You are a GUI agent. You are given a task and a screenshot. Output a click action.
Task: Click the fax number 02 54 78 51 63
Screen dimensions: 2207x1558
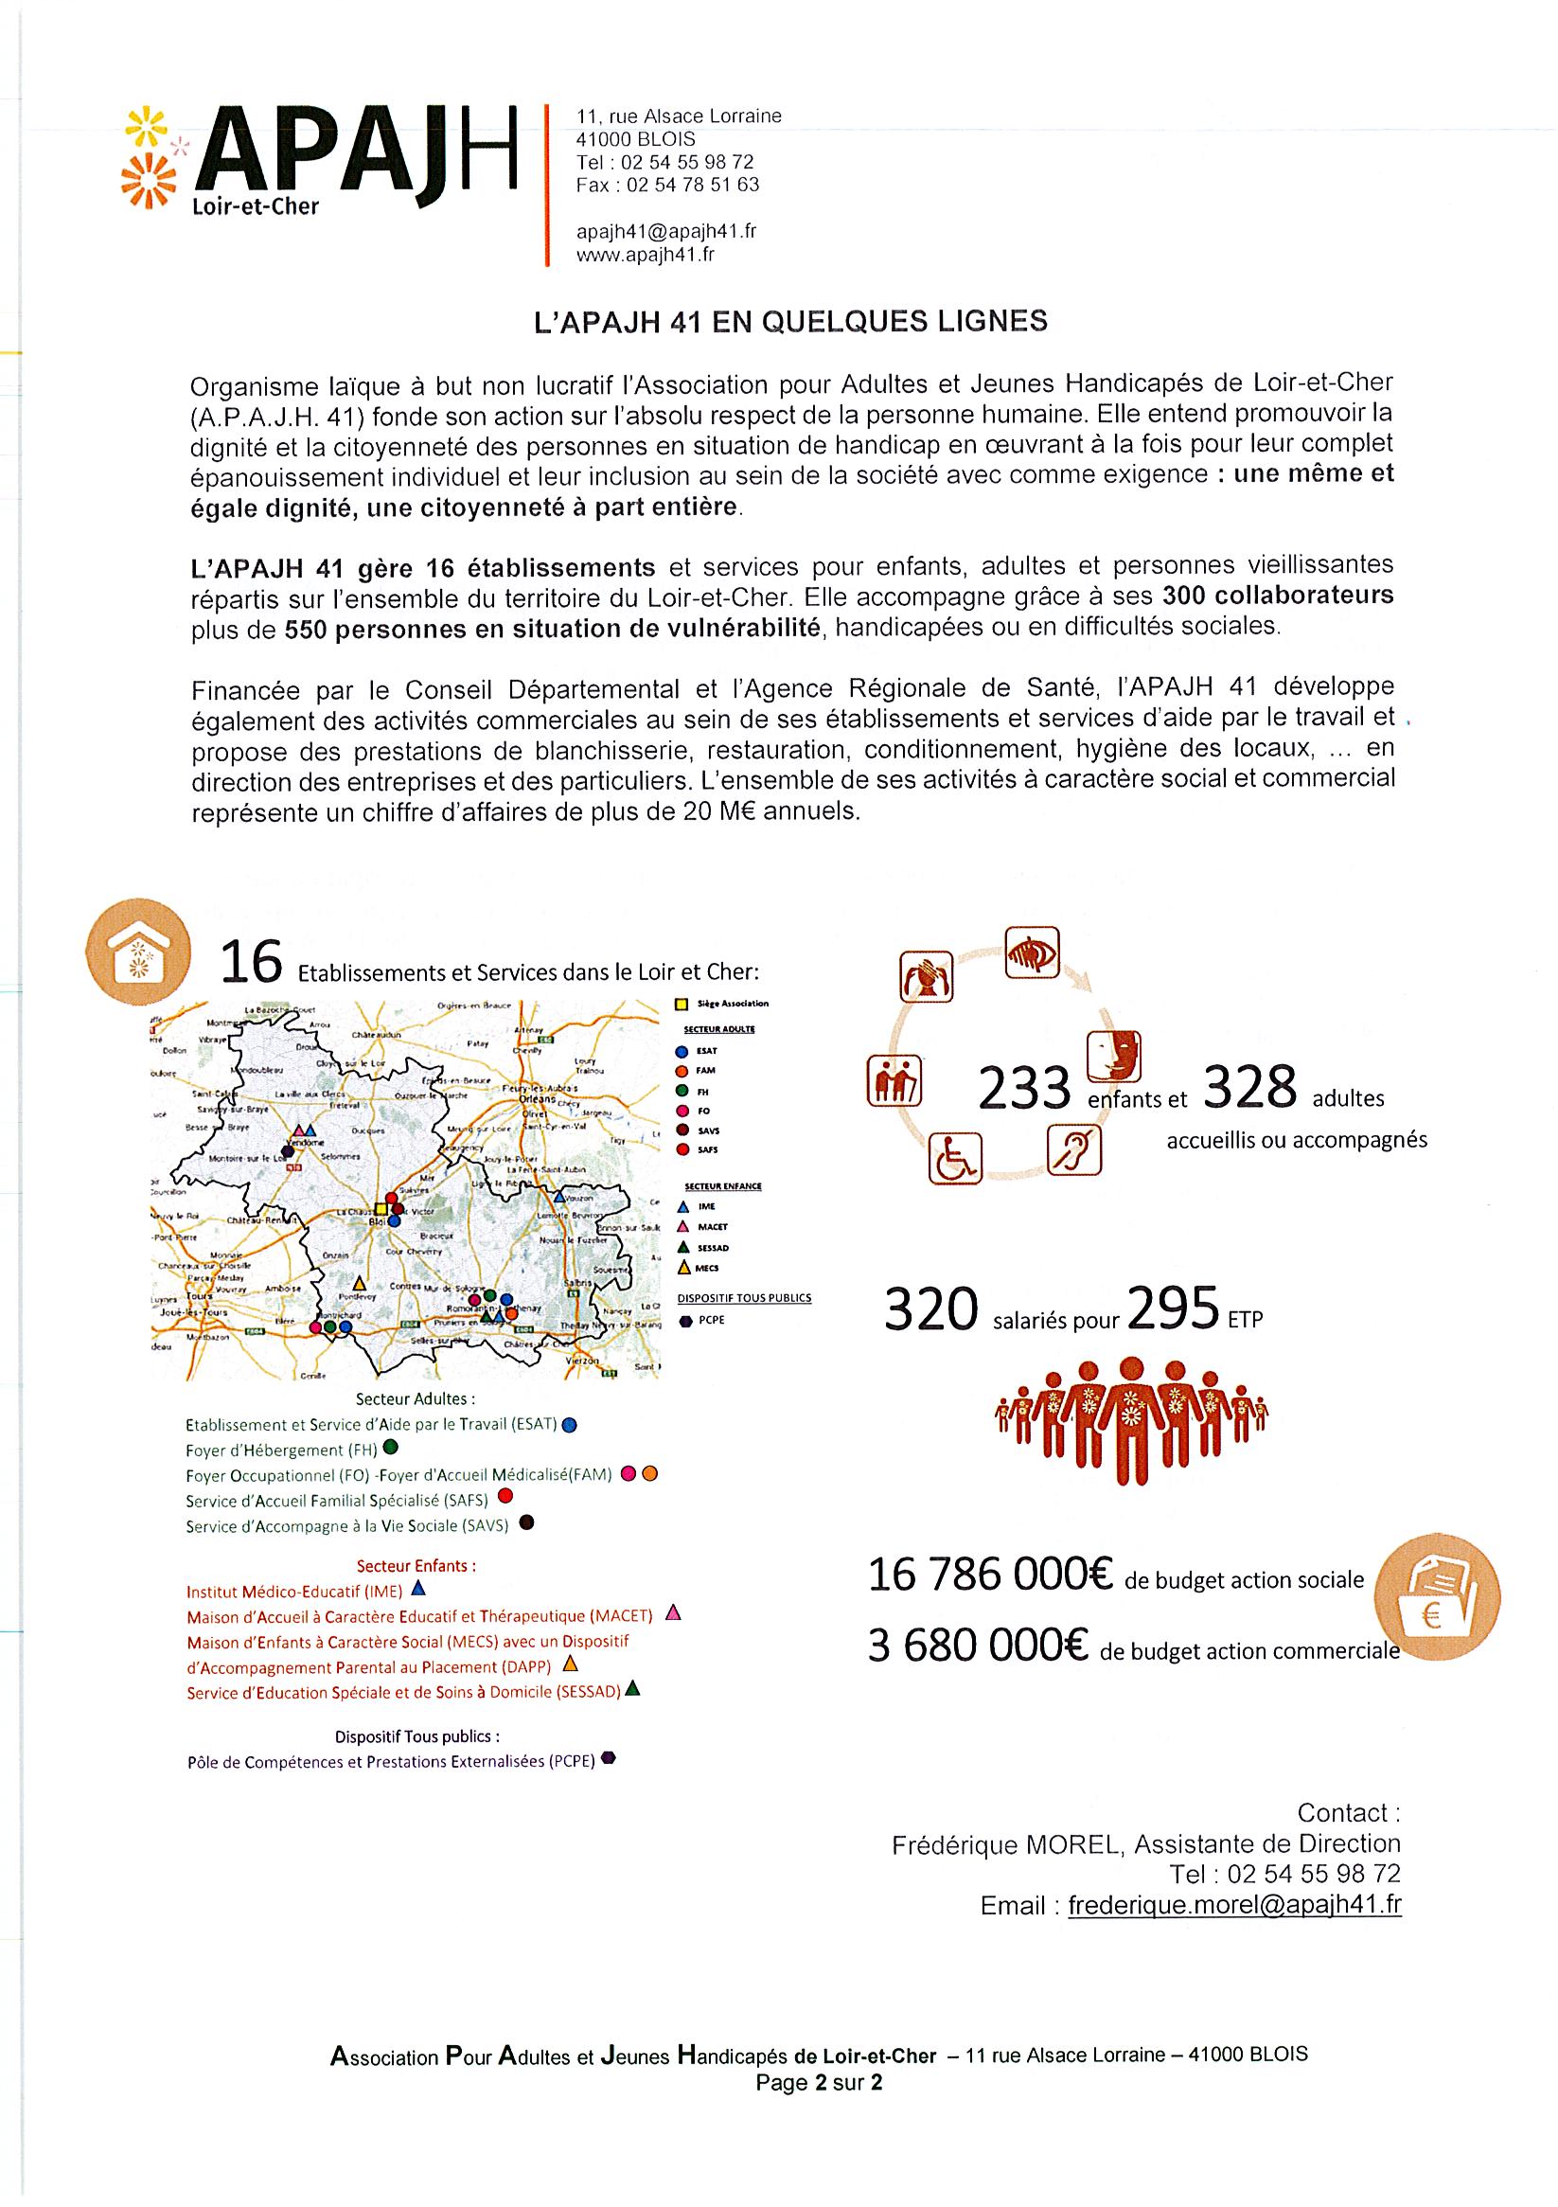coord(667,185)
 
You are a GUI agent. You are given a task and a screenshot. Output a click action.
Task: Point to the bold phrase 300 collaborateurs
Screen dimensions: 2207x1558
coord(1277,595)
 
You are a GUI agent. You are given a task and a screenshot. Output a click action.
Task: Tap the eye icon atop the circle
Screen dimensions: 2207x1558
coord(1033,952)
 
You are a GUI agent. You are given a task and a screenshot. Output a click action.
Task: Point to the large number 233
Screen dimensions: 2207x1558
coord(1023,1090)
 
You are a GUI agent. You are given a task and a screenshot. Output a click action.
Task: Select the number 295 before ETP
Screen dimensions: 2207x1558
coord(1174,1310)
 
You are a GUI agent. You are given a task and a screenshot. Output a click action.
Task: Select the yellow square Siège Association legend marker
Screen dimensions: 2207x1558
coord(681,1005)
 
